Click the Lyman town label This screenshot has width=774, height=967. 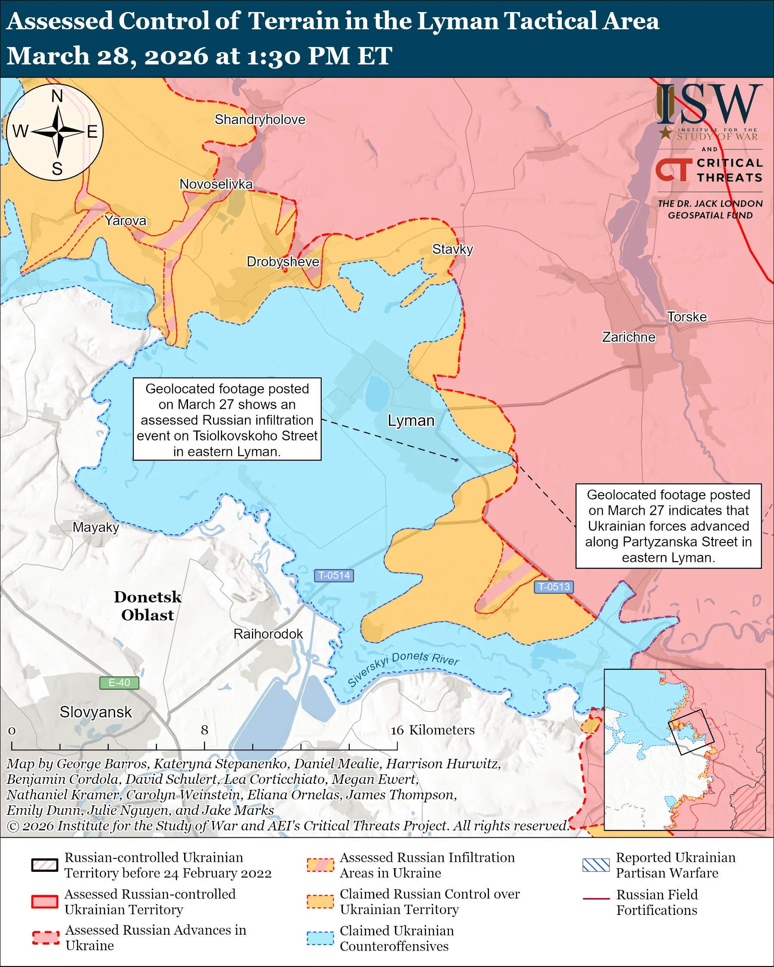[x=411, y=421]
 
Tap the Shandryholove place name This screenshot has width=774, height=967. [x=260, y=120]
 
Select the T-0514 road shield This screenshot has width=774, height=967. [x=334, y=575]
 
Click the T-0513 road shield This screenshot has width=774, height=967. [x=554, y=586]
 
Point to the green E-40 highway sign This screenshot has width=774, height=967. [x=119, y=683]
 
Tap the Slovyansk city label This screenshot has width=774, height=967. [x=96, y=712]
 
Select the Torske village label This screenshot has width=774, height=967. [x=686, y=317]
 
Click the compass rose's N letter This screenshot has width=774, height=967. [x=57, y=96]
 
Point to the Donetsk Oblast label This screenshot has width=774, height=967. [x=147, y=606]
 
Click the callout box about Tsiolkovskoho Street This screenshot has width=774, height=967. [x=227, y=419]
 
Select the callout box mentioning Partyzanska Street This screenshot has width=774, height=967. [x=668, y=526]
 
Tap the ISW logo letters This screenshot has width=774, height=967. [x=709, y=105]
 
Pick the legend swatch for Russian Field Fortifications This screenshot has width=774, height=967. [x=596, y=899]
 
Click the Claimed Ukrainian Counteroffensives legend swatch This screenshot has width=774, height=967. [x=320, y=938]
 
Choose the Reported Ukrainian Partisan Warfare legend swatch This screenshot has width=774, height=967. [x=596, y=865]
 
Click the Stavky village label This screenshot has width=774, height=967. [x=452, y=250]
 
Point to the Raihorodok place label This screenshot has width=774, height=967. [x=268, y=634]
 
